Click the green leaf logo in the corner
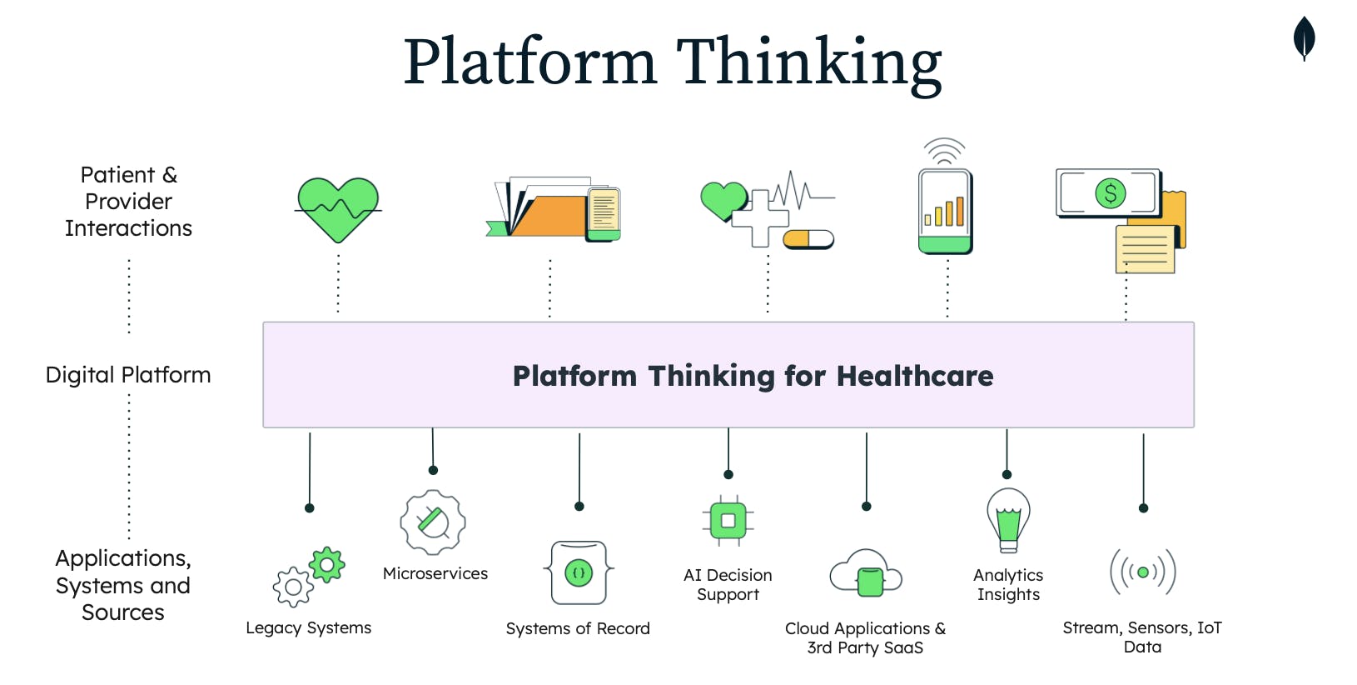coord(1304,38)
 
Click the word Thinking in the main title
coord(808,62)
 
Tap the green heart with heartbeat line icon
coord(338,208)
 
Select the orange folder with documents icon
coord(549,213)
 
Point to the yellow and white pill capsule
coord(808,240)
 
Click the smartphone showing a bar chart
coord(945,211)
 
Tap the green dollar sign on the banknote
coord(1110,193)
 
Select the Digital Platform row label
coord(128,375)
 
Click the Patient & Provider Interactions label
coord(128,202)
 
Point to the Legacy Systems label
coord(308,627)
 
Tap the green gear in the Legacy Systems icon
coord(326,565)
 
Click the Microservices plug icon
coord(433,522)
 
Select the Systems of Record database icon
coord(579,572)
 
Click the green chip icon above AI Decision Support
coord(728,521)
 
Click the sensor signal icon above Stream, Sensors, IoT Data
coord(1143,572)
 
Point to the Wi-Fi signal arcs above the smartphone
coord(945,151)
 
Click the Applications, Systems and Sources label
coord(123,585)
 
